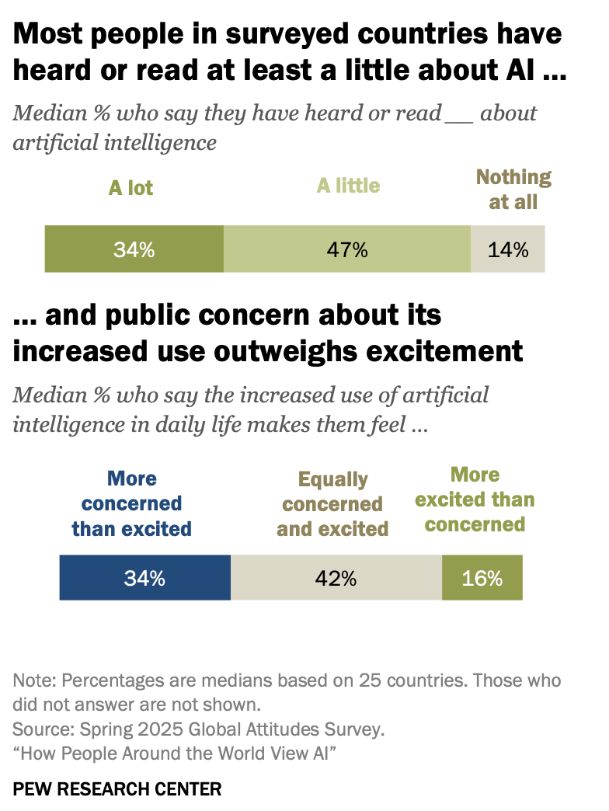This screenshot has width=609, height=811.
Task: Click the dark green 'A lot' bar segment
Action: pos(134,249)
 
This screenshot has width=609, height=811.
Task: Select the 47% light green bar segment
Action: pos(347,249)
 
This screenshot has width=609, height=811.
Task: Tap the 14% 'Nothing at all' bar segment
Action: pos(508,249)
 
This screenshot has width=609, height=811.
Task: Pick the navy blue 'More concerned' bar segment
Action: pos(144,578)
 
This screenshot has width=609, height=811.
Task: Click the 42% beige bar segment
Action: pos(336,578)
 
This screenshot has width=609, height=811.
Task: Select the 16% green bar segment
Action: pos(482,578)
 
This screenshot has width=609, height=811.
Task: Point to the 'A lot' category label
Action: pos(131,188)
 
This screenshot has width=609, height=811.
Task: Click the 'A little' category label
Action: pos(348,186)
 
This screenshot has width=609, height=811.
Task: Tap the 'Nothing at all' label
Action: pos(513,190)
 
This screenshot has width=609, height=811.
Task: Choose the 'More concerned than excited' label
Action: pos(131,504)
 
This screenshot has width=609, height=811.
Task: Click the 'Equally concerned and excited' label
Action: pos(332,504)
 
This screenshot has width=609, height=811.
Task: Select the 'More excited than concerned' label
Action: pos(475,499)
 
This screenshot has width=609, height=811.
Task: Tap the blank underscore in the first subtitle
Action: pos(458,114)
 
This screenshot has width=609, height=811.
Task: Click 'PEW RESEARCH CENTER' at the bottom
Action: pos(117,789)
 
